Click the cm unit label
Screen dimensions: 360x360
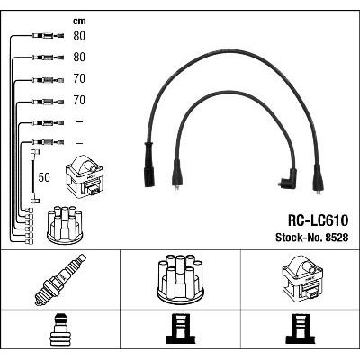pyautogui.click(x=79, y=22)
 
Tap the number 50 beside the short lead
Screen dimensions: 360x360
pyautogui.click(x=44, y=177)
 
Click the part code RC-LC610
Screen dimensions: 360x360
pyautogui.click(x=318, y=220)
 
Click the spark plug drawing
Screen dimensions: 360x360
pyautogui.click(x=60, y=280)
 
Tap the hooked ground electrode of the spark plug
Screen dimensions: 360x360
pyautogui.click(x=38, y=302)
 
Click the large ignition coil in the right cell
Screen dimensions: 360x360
pyautogui.click(x=302, y=278)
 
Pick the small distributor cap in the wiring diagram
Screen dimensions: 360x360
pyautogui.click(x=65, y=225)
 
